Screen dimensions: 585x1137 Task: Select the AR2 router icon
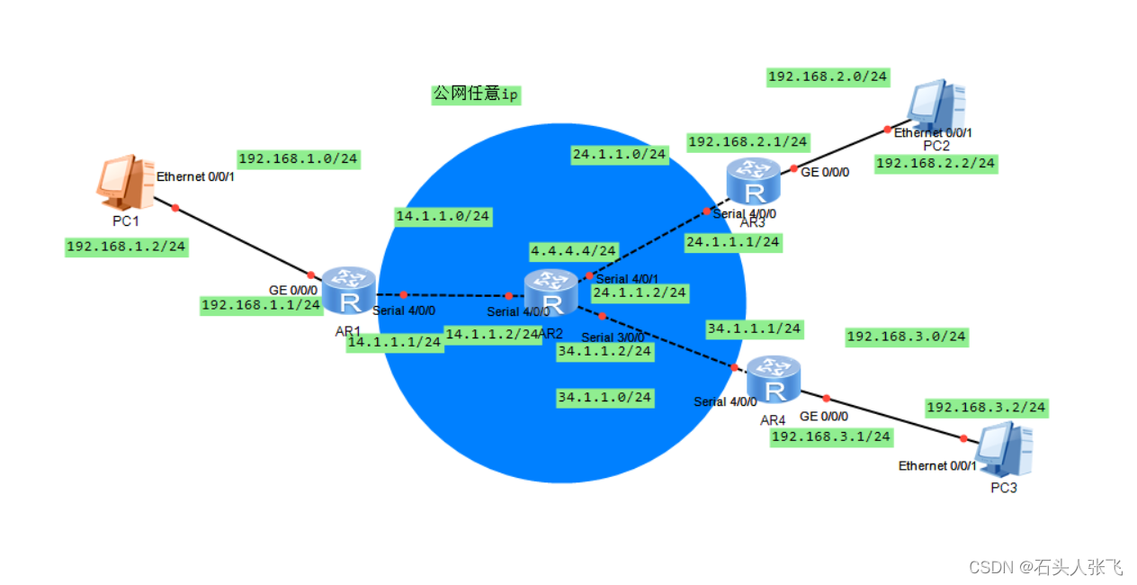tap(551, 292)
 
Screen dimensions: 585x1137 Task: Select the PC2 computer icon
tap(936, 108)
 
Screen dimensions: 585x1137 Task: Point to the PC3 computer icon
tap(1004, 450)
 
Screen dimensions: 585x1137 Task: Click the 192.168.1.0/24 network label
tap(299, 159)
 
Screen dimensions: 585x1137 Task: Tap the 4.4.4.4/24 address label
tap(573, 250)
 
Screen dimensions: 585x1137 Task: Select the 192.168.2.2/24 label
tap(936, 163)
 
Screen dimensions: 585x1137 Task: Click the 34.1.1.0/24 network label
tap(604, 397)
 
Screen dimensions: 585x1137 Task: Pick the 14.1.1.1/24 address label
tap(394, 342)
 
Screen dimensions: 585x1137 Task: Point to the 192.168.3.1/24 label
tap(831, 436)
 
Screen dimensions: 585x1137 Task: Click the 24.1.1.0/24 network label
tap(619, 155)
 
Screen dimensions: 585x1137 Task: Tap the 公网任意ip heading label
tap(476, 94)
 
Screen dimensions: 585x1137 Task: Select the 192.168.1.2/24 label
tap(127, 247)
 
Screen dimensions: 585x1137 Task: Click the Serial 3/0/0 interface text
tap(613, 337)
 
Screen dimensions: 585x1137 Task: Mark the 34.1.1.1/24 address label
tap(754, 328)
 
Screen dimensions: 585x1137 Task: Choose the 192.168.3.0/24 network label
tap(906, 337)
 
